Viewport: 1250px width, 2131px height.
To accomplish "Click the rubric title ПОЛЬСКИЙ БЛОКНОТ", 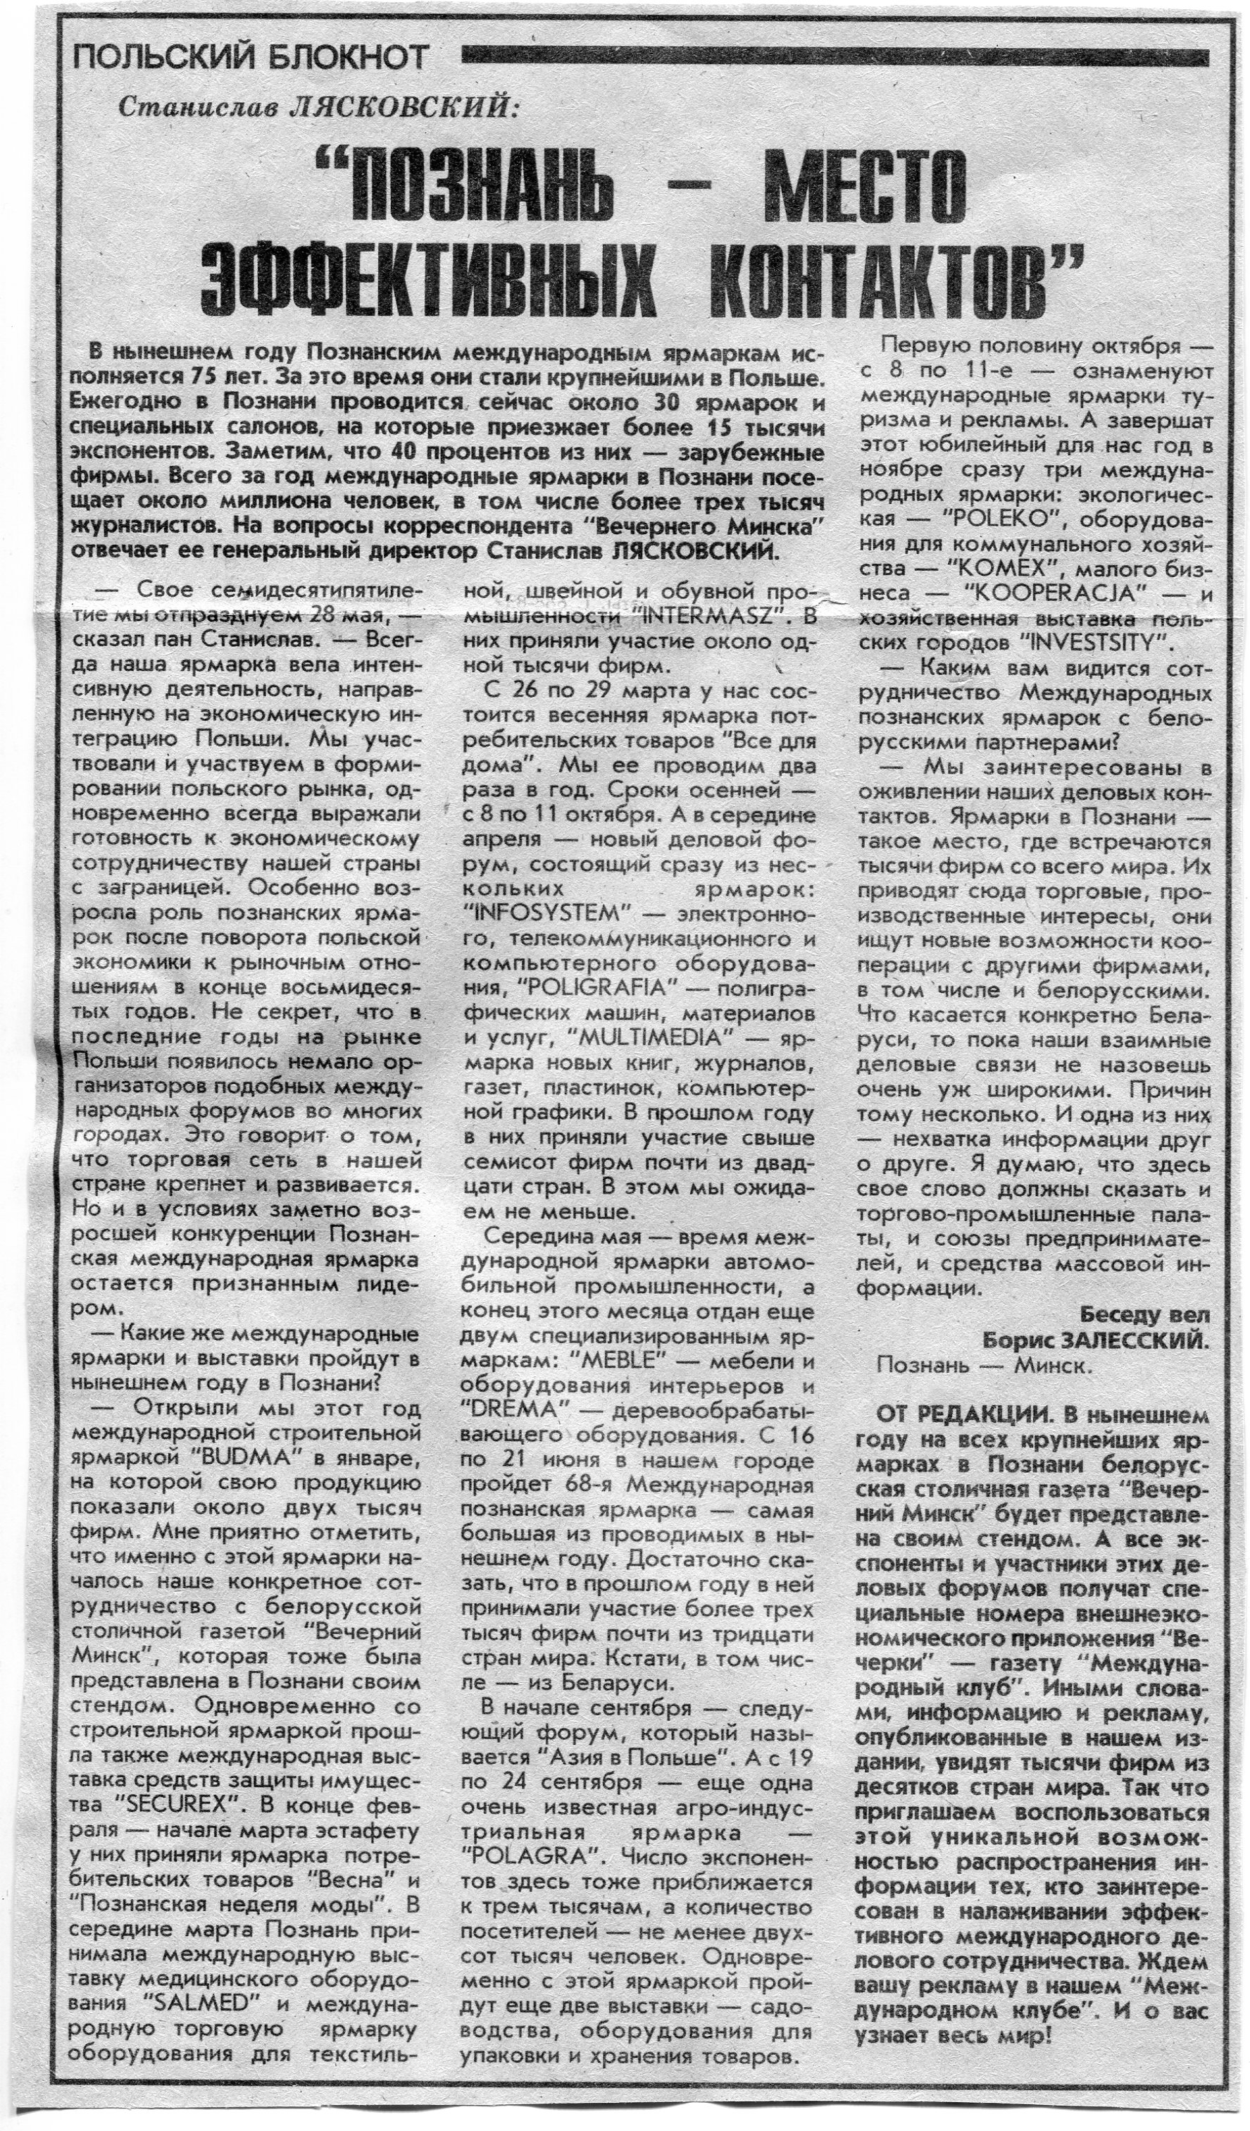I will (x=251, y=59).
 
